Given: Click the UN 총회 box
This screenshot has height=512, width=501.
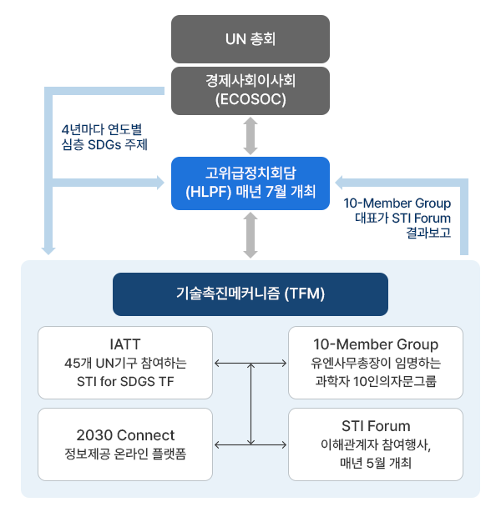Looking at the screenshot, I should pyautogui.click(x=250, y=38).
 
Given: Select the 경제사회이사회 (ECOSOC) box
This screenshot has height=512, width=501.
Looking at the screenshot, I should pyautogui.click(x=250, y=90).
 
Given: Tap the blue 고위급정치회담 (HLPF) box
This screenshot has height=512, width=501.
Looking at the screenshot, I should pyautogui.click(x=250, y=183).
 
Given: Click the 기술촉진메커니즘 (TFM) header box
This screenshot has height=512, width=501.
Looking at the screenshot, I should pyautogui.click(x=250, y=294).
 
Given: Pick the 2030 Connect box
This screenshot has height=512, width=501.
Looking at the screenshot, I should pyautogui.click(x=124, y=444).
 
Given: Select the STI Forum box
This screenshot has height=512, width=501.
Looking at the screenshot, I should pyautogui.click(x=375, y=444).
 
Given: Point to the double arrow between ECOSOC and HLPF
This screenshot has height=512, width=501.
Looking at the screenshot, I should pyautogui.click(x=250, y=135).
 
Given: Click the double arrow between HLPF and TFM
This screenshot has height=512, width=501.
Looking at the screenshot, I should pyautogui.click(x=250, y=235).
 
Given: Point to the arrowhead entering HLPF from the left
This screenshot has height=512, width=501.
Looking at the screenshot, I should pyautogui.click(x=162, y=181).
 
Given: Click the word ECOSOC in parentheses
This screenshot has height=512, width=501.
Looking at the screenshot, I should pyautogui.click(x=250, y=99).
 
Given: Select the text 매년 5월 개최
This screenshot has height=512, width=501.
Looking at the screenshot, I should pyautogui.click(x=376, y=464).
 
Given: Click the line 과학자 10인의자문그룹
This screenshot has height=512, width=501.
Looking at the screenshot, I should pyautogui.click(x=376, y=383).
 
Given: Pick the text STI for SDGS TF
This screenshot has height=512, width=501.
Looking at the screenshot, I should pyautogui.click(x=125, y=383).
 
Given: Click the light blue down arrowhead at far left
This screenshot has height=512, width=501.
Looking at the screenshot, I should pyautogui.click(x=48, y=247).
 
